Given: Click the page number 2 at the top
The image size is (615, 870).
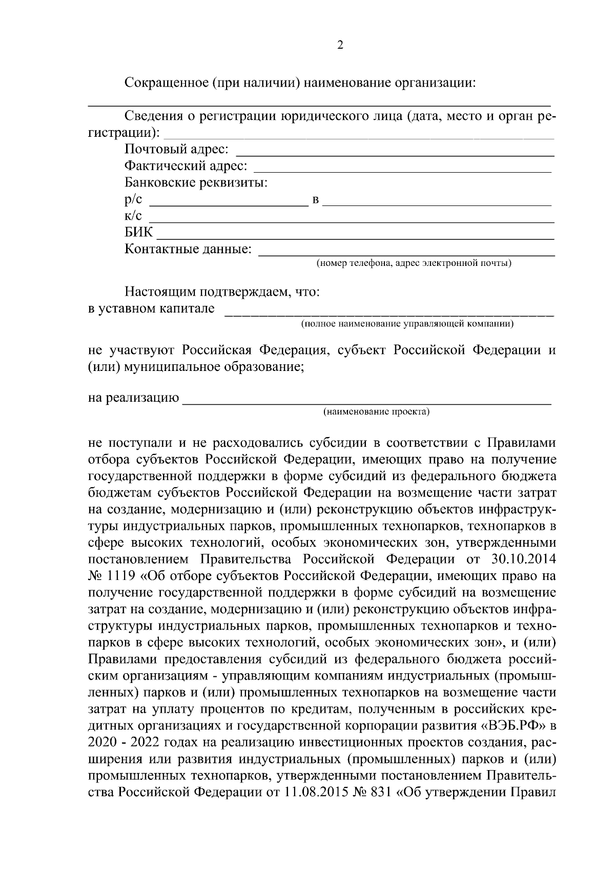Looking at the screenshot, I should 340,45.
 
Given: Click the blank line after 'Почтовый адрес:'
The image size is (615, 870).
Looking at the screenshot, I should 395,154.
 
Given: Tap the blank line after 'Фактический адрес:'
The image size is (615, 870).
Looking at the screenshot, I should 402,171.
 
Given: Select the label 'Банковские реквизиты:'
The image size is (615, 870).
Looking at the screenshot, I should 196,183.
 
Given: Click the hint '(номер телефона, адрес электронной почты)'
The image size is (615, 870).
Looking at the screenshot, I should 413,264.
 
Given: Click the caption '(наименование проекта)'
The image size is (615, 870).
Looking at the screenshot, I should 376,411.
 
